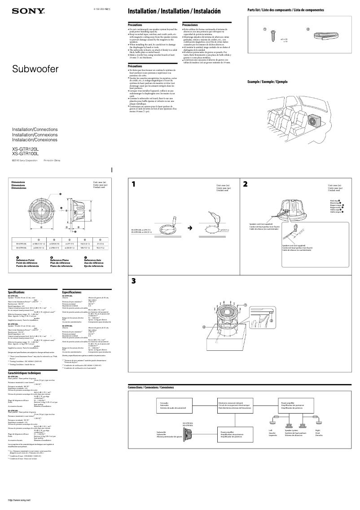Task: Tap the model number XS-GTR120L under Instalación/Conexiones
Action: [25, 148]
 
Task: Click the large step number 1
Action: [133, 184]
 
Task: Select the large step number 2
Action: [245, 184]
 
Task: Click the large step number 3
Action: [133, 281]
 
